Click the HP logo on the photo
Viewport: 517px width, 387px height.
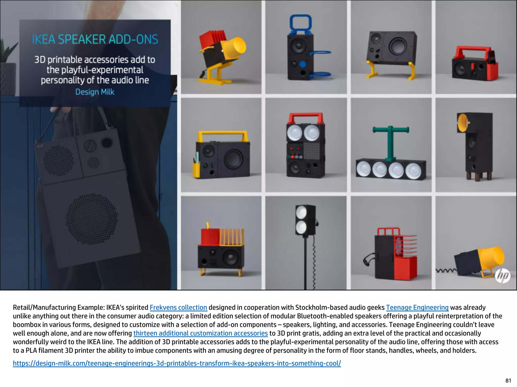(x=503, y=276)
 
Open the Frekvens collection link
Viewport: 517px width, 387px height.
(x=178, y=307)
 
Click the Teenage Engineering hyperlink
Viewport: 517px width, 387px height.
(x=417, y=307)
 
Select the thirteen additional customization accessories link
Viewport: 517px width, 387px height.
(x=200, y=333)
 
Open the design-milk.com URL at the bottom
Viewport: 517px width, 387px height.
(x=177, y=363)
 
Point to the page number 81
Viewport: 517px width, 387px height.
(x=508, y=380)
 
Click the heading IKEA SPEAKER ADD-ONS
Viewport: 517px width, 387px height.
(x=95, y=40)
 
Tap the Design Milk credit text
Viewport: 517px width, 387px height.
(x=95, y=92)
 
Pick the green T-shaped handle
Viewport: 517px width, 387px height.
(x=391, y=143)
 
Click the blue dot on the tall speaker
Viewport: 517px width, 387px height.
(x=303, y=64)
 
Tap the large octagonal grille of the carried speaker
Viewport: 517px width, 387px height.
(x=92, y=219)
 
